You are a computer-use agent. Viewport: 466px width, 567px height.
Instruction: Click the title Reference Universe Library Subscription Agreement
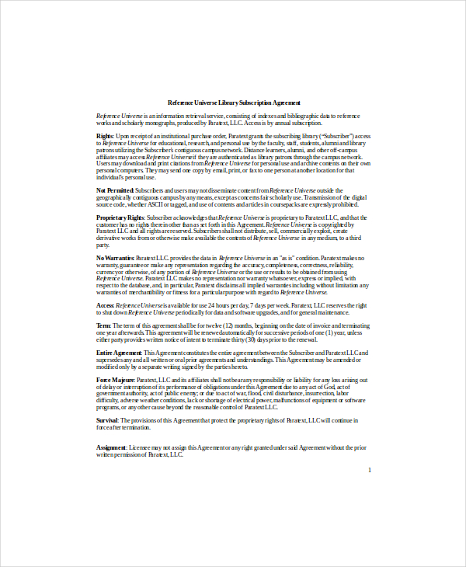click(234, 103)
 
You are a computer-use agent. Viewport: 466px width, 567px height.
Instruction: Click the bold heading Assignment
click(112, 448)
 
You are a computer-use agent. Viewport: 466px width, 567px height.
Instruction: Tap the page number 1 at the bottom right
click(370, 470)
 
